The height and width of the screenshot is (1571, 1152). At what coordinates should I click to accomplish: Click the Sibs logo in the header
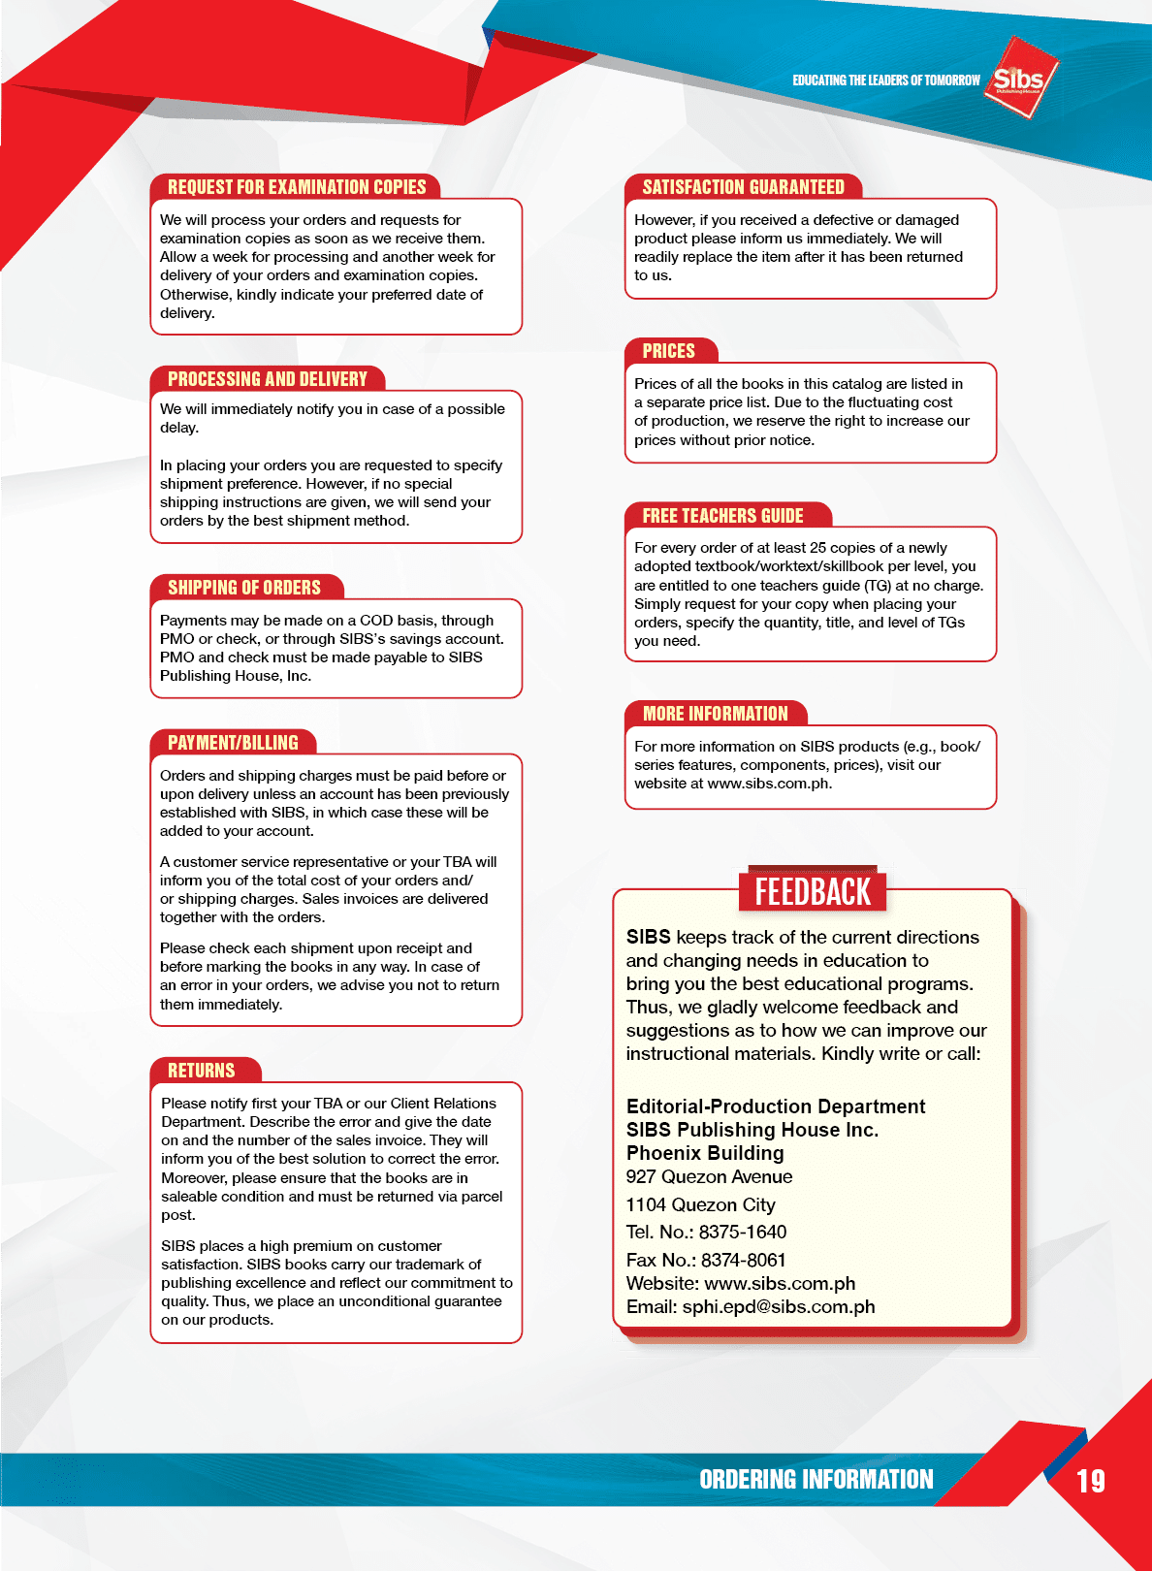coord(1019,78)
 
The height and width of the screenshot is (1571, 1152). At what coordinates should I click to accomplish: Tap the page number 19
coord(1091,1481)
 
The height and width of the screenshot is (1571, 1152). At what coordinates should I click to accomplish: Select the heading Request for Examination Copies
coord(297,187)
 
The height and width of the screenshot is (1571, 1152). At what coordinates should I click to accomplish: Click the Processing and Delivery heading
coord(268,379)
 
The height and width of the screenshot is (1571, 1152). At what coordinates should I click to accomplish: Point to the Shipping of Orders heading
coord(244,588)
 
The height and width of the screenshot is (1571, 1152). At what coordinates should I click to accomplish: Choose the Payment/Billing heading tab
coord(233,743)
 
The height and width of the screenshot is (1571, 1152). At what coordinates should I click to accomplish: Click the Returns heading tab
coord(202,1071)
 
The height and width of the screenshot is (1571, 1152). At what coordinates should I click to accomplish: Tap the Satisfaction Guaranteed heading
coord(743,187)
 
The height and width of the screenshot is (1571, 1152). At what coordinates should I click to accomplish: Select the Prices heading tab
coord(669,351)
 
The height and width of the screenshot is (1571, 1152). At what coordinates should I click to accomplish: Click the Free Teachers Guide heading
coord(722,516)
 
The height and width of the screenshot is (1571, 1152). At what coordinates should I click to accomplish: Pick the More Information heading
coord(716,714)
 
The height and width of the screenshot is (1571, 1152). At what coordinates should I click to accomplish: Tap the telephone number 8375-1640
coord(743,1233)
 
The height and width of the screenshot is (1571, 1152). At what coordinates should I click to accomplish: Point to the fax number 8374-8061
coord(744,1261)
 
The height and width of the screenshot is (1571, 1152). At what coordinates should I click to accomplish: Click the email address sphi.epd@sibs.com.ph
coord(779,1307)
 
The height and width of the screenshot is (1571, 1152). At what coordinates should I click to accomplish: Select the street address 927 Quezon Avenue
coord(709,1177)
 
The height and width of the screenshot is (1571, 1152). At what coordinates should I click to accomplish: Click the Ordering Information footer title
coord(816,1480)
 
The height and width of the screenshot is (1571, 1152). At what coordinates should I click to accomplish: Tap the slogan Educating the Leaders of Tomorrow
coord(886,80)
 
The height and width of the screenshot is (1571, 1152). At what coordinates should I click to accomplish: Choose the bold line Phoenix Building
coord(705,1153)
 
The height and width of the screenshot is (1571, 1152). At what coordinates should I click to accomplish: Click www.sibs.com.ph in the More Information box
coord(769,784)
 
